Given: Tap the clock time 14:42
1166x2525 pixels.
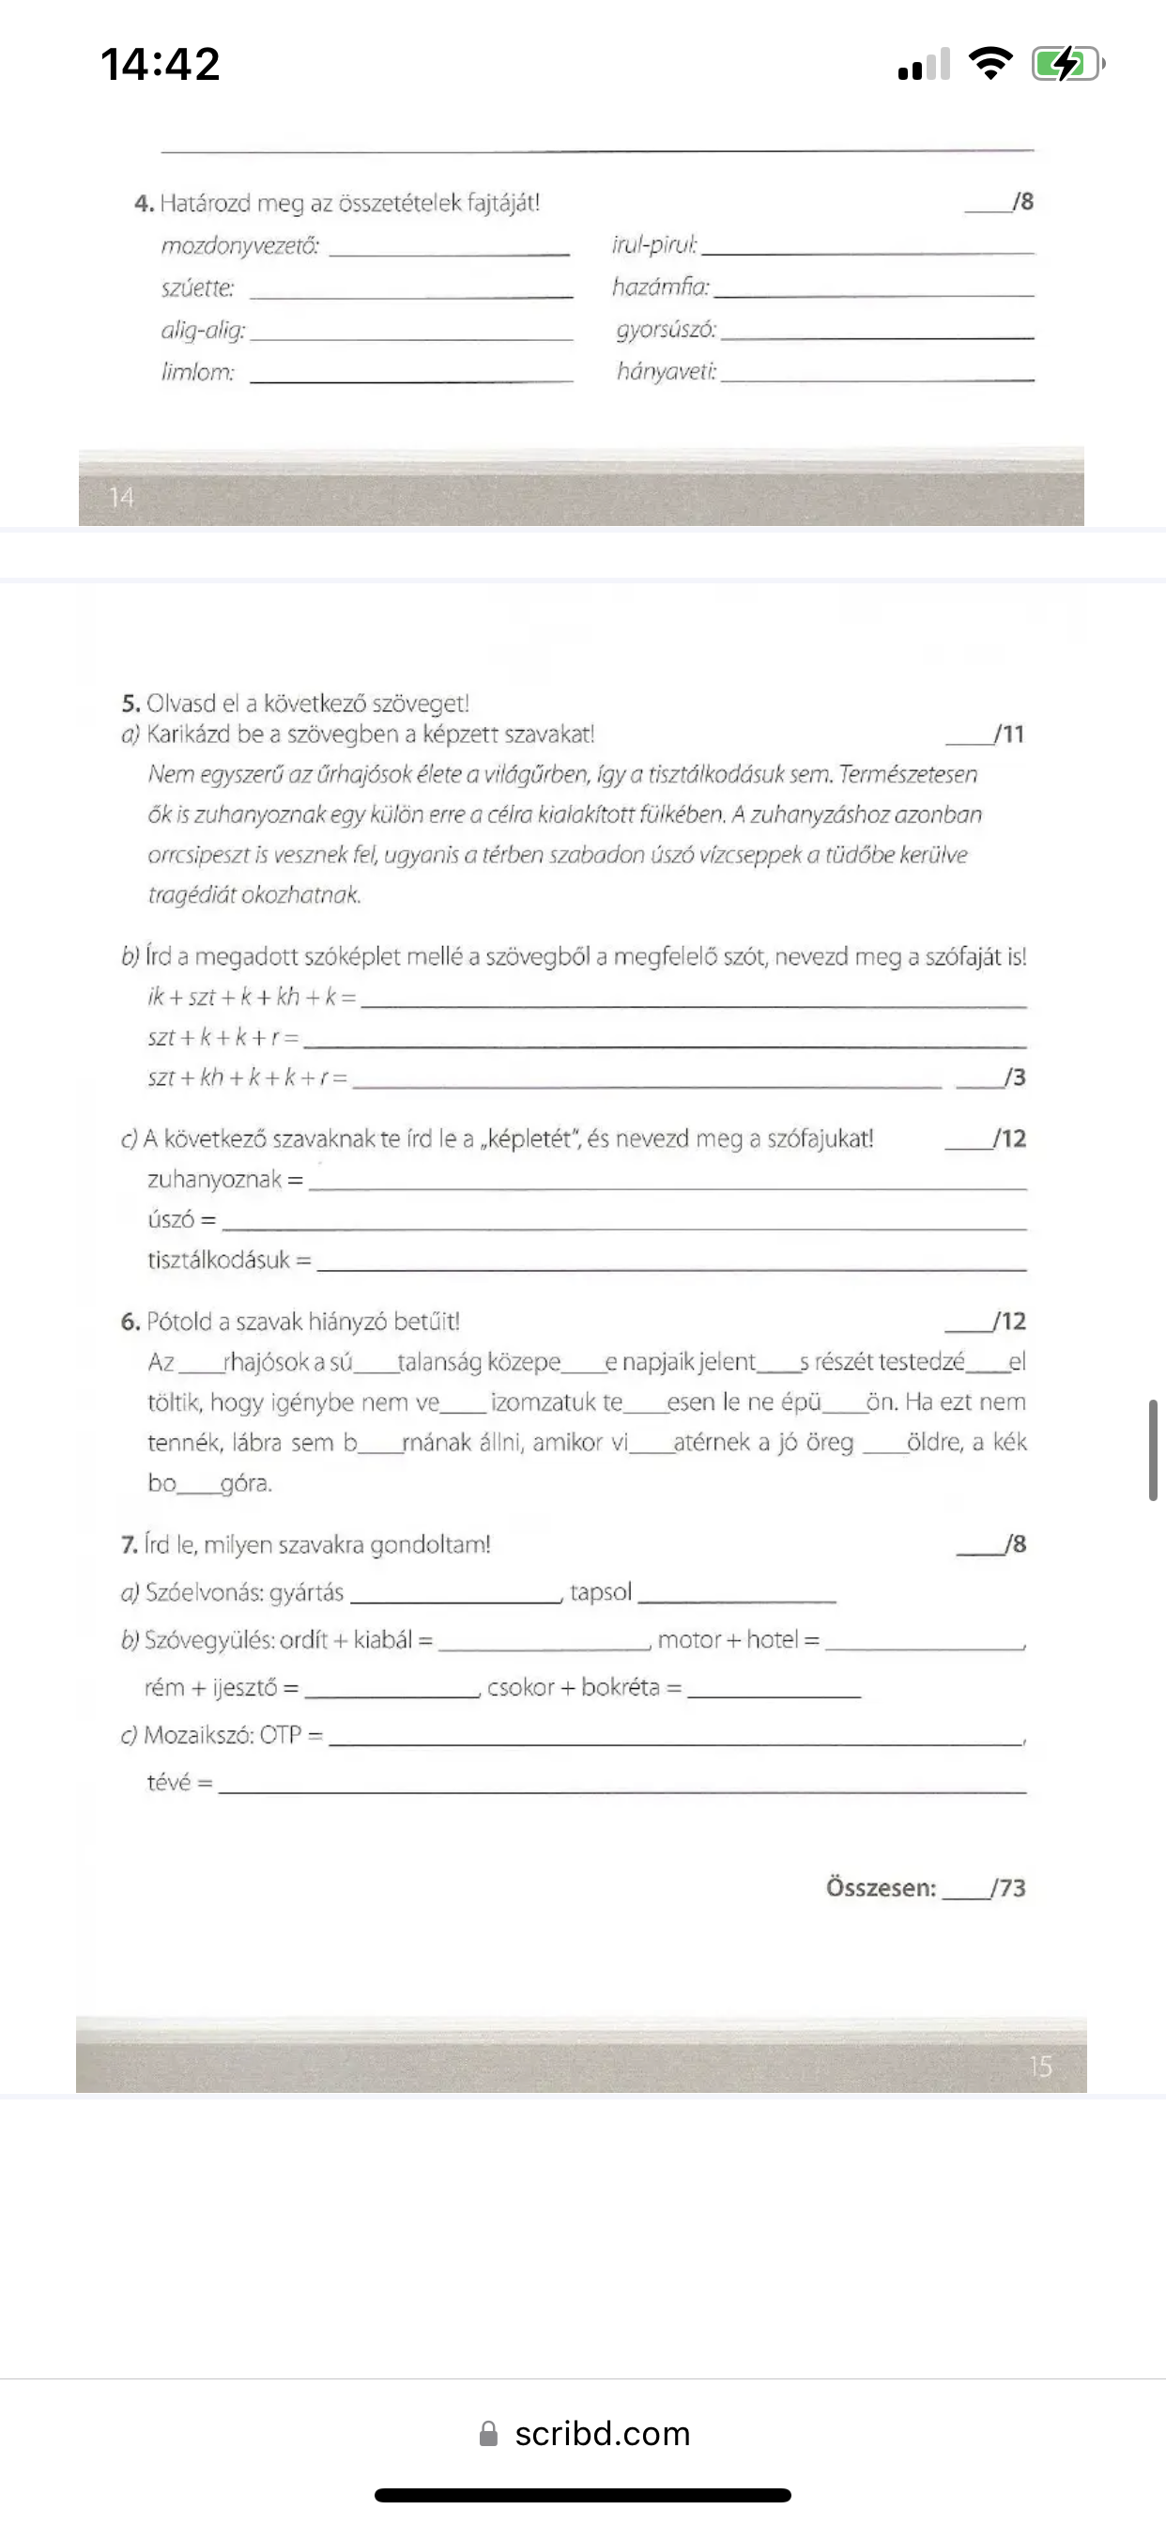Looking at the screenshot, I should coord(160,65).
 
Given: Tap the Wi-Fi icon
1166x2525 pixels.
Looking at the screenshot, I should coord(990,64).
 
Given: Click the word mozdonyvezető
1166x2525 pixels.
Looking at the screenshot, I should coord(240,245).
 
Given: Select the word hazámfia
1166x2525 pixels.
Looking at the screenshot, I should coord(659,287).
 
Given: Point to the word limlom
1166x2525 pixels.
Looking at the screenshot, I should coord(198,373).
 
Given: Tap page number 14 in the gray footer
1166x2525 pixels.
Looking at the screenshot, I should coord(120,497).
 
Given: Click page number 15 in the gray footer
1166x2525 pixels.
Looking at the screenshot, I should coord(1039,2067).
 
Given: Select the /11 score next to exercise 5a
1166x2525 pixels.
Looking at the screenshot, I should coord(1008,735).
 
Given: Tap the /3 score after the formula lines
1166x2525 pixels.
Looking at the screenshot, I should coord(1014,1077).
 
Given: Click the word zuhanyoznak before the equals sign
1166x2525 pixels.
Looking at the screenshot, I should coord(214,1179).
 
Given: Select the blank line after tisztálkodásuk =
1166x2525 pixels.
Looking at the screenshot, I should coord(671,1267).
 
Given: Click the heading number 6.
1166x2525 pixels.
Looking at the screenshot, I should coord(130,1322).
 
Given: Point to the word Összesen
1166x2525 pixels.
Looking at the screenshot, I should coord(880,1888).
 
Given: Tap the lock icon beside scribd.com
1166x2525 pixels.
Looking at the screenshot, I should coord(488,2434).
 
